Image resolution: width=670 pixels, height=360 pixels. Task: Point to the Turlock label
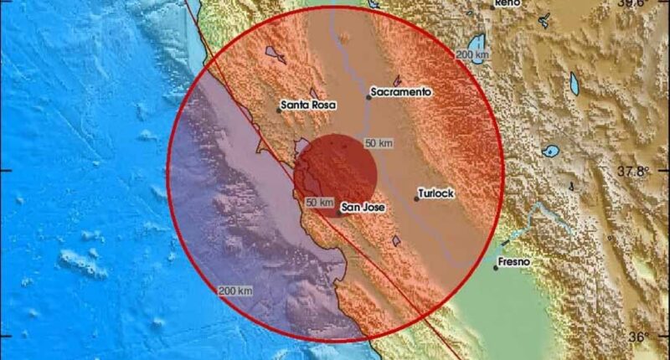437,193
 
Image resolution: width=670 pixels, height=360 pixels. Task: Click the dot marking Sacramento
368,97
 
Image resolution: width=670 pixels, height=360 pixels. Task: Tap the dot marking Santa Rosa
279,110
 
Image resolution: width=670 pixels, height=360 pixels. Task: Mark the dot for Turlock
416,198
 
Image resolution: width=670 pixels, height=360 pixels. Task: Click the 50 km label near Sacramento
379,143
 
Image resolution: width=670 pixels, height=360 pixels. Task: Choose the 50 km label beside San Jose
320,203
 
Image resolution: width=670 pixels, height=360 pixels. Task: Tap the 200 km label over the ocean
235,291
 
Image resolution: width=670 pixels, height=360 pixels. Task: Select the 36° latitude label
640,337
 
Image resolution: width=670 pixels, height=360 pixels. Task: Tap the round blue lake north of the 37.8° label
550,152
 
